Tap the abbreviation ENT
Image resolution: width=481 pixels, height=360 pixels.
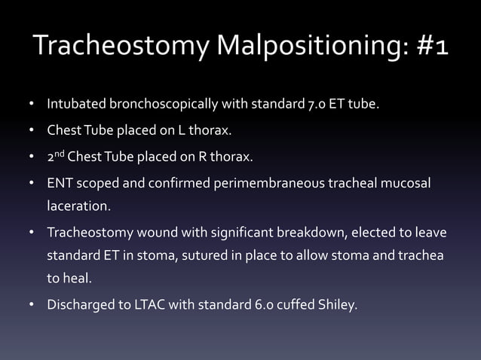coord(60,185)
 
